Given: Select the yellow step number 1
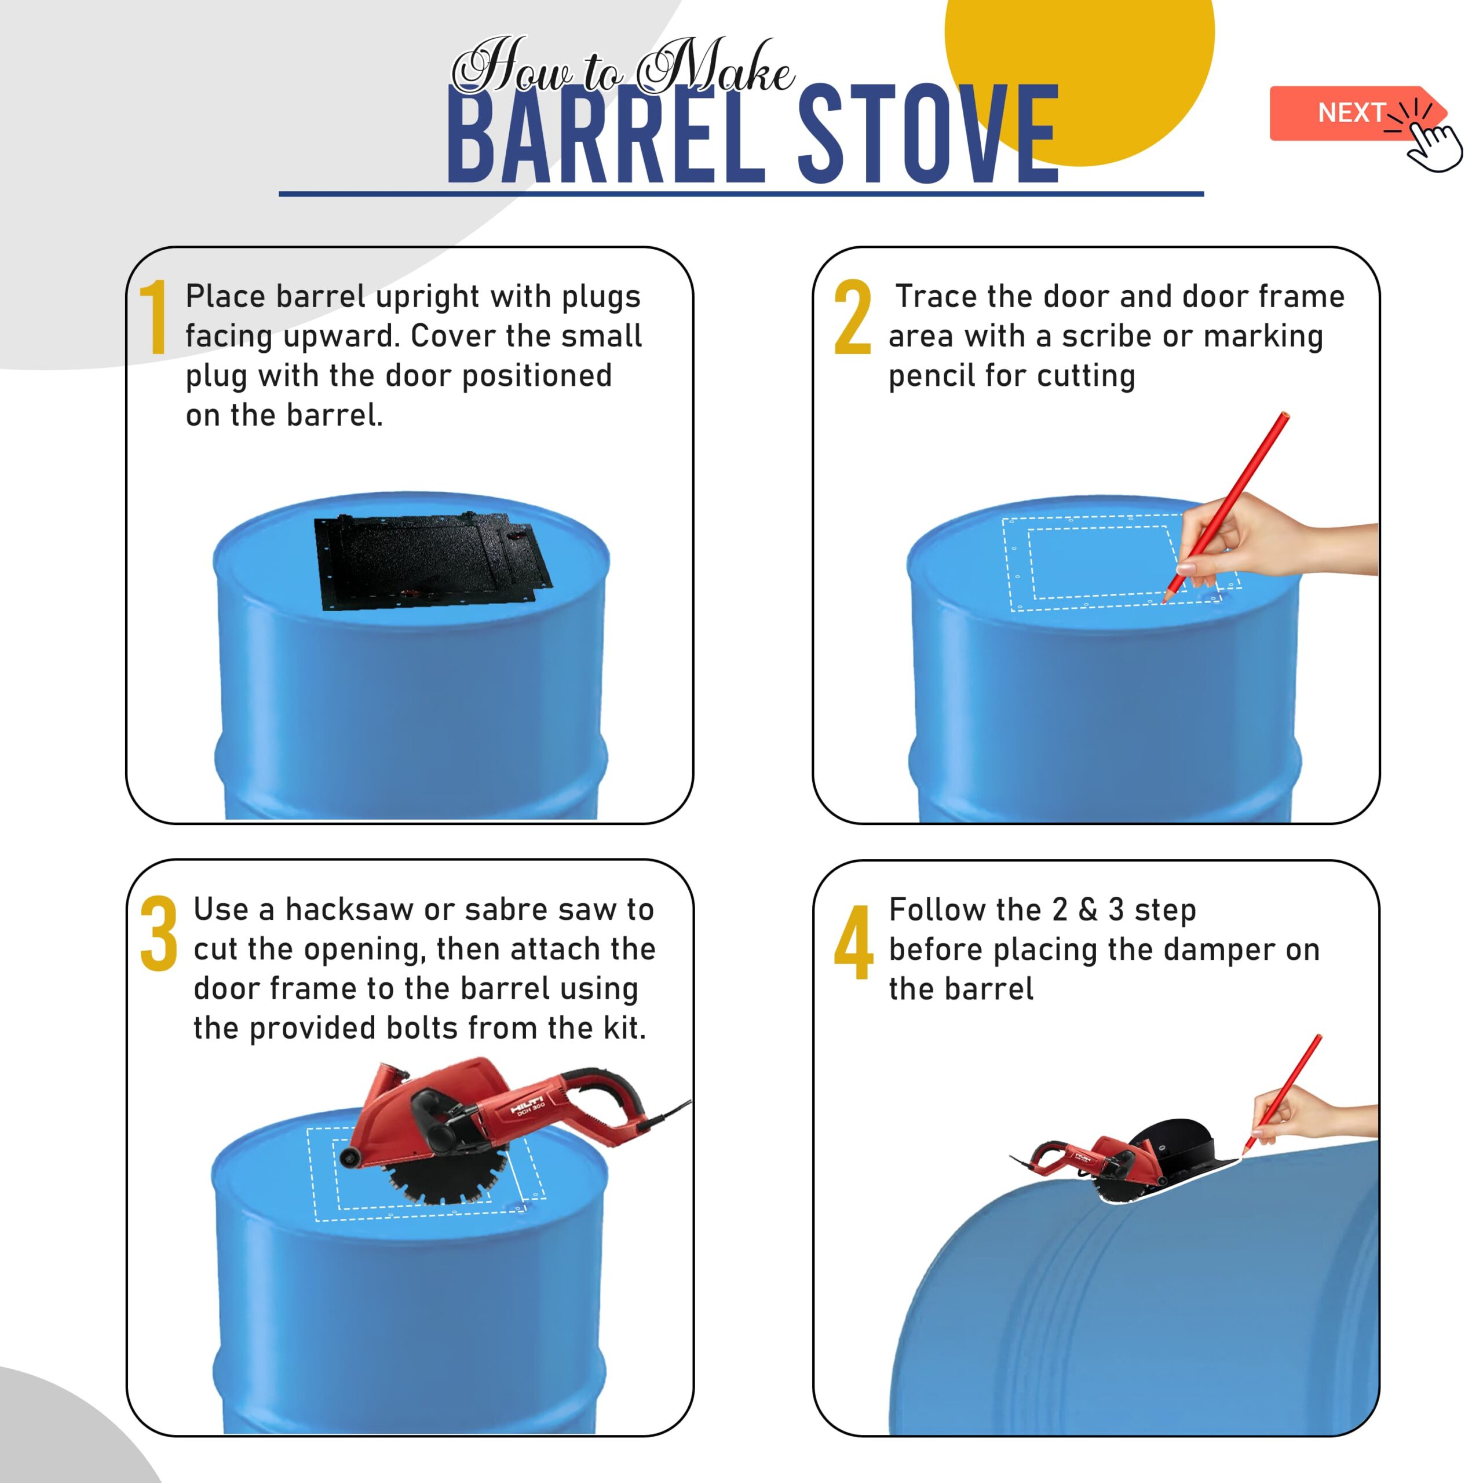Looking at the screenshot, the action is [154, 316].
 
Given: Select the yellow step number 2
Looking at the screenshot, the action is [852, 316].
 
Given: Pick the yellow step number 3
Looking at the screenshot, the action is [159, 933].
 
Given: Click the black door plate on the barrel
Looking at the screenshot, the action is [432, 562].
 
